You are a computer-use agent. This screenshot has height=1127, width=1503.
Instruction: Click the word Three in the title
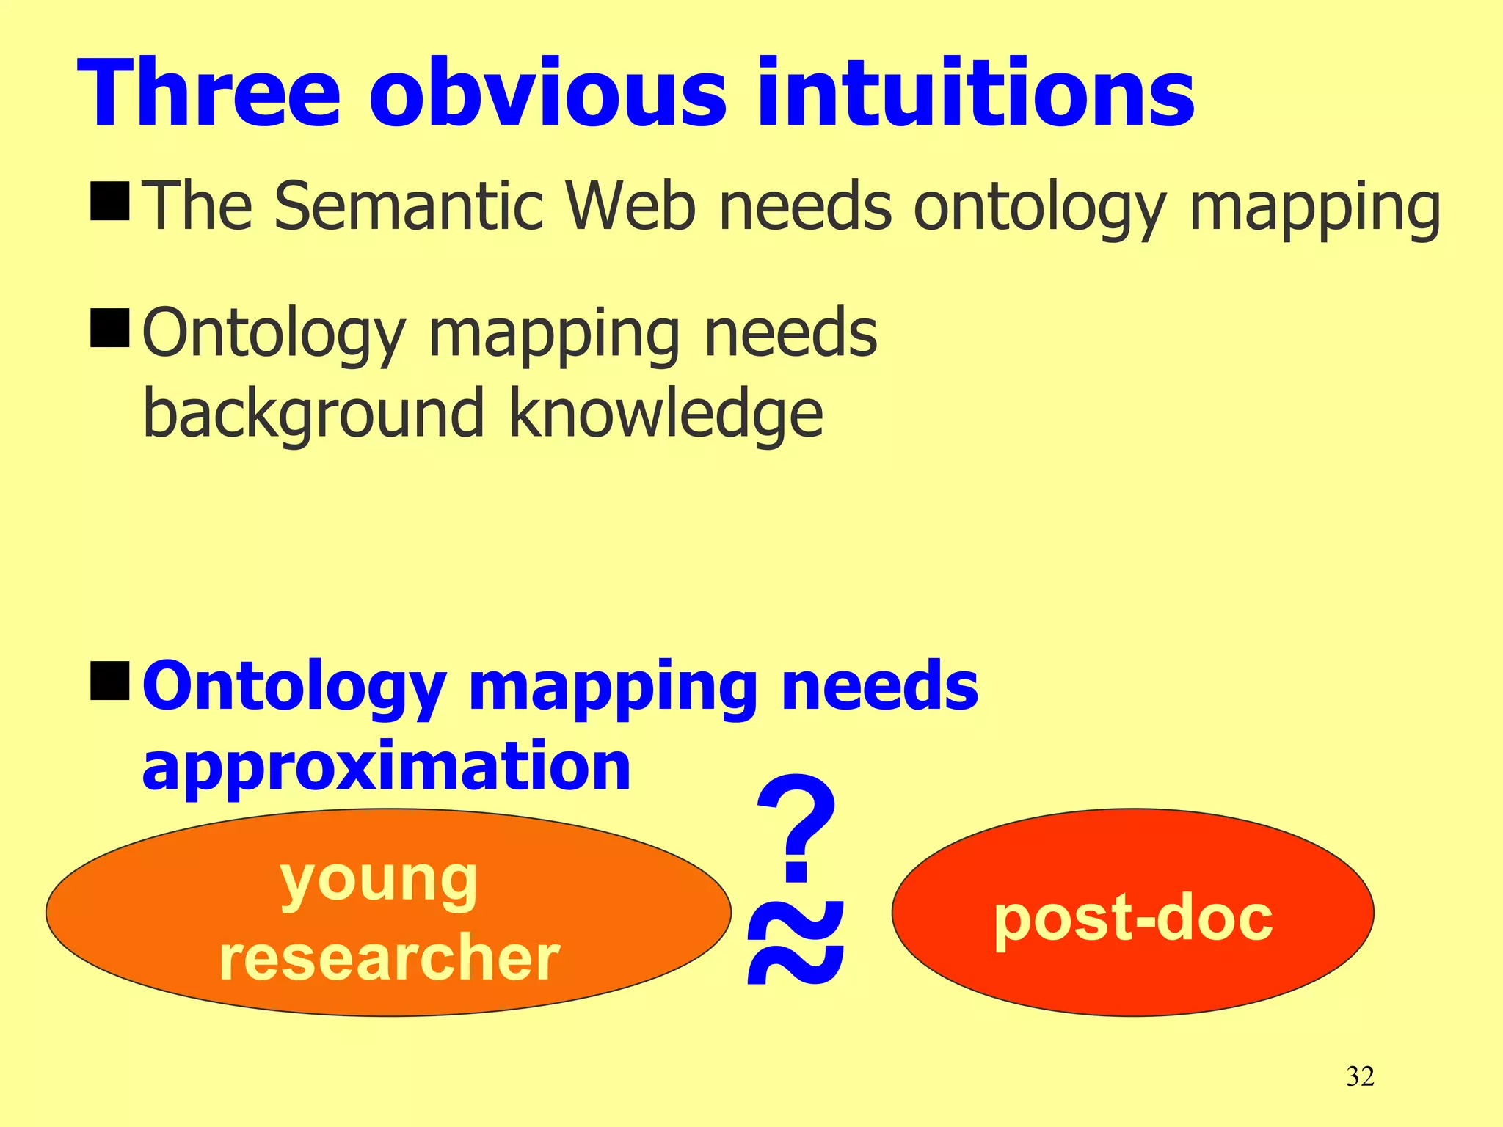coord(208,94)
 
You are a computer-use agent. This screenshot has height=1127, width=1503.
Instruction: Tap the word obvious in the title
coord(547,94)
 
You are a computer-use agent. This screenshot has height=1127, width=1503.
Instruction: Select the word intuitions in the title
coord(976,94)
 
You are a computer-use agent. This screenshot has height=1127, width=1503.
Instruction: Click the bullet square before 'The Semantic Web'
coord(110,200)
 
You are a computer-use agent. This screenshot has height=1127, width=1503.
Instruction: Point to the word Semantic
coord(408,206)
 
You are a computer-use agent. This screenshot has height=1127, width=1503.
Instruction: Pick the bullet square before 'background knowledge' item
coord(110,327)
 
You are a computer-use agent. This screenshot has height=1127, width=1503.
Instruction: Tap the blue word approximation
coord(386,767)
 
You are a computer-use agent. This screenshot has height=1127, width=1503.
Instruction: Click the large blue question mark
coord(796,829)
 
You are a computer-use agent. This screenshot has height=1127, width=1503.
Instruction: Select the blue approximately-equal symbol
coord(796,943)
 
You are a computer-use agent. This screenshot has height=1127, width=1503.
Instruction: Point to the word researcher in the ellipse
coord(389,958)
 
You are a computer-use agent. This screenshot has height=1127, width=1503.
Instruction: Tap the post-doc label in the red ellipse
coord(1132,918)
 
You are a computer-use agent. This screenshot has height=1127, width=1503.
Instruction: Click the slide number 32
coord(1360,1076)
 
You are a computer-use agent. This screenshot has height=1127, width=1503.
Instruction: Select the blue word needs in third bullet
coord(879,685)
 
